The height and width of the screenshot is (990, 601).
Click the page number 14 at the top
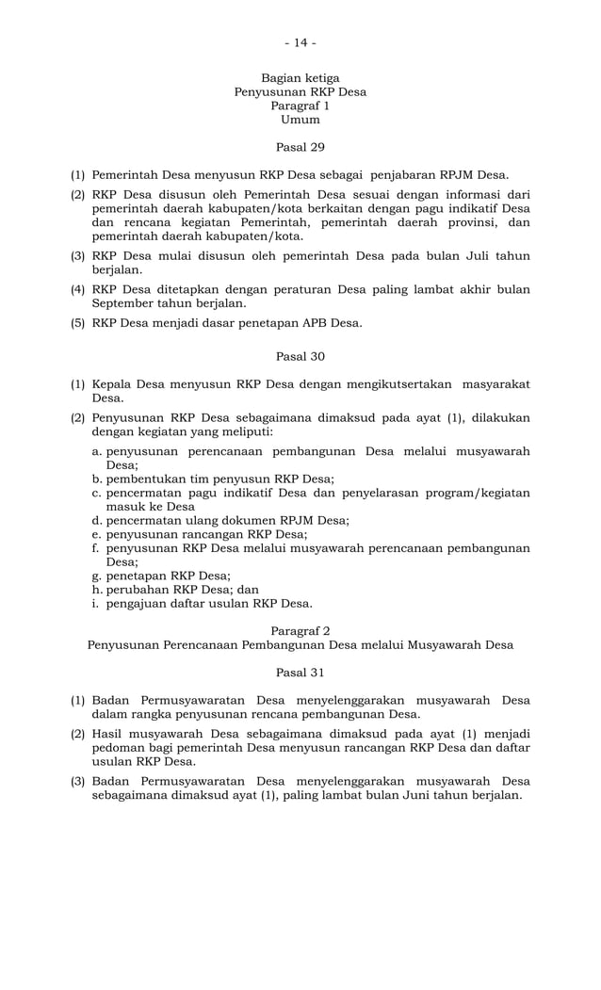(x=300, y=42)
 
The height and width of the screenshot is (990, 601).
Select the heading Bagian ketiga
(x=300, y=77)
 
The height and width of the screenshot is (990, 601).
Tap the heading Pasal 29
(x=300, y=147)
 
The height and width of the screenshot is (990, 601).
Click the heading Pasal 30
(x=300, y=356)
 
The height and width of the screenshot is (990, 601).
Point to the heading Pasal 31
(x=300, y=673)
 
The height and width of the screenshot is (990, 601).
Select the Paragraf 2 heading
(x=300, y=630)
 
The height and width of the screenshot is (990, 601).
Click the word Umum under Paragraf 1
(x=300, y=120)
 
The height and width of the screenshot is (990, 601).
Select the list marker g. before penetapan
(x=97, y=576)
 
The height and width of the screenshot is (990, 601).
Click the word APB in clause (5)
(x=305, y=323)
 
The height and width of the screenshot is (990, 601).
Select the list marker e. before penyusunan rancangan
(x=97, y=534)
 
